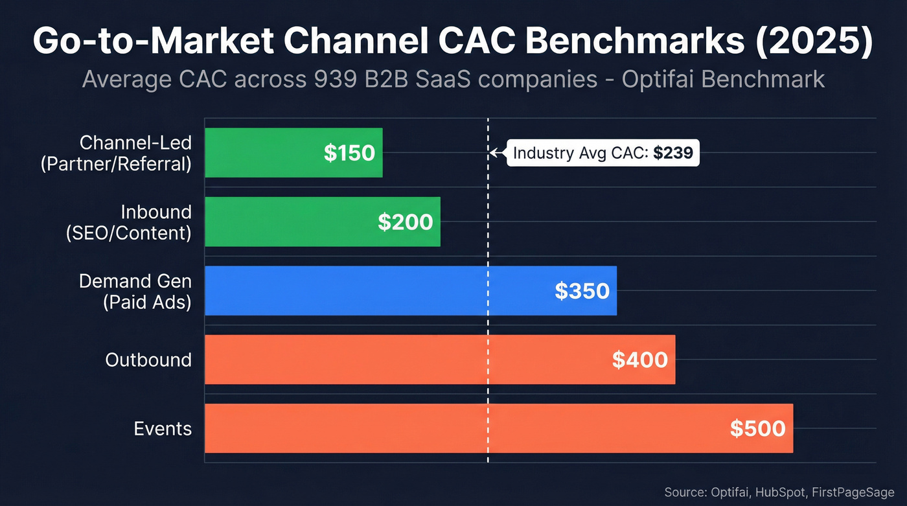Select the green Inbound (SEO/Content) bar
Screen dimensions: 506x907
click(x=292, y=222)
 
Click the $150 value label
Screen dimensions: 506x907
click(x=349, y=153)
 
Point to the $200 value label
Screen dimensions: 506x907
click(x=406, y=222)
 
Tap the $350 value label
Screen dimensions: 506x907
click(x=582, y=291)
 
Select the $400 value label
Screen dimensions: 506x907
click(x=639, y=360)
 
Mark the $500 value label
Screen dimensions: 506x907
click(x=757, y=428)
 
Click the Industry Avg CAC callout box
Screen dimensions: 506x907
click(x=602, y=154)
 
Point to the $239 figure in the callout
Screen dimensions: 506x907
click(x=673, y=154)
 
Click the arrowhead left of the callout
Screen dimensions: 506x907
click(x=494, y=154)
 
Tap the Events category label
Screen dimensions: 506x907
click(x=163, y=428)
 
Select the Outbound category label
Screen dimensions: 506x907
click(x=148, y=360)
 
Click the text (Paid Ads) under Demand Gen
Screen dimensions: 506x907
click(x=147, y=302)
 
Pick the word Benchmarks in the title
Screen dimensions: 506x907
click(x=634, y=41)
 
